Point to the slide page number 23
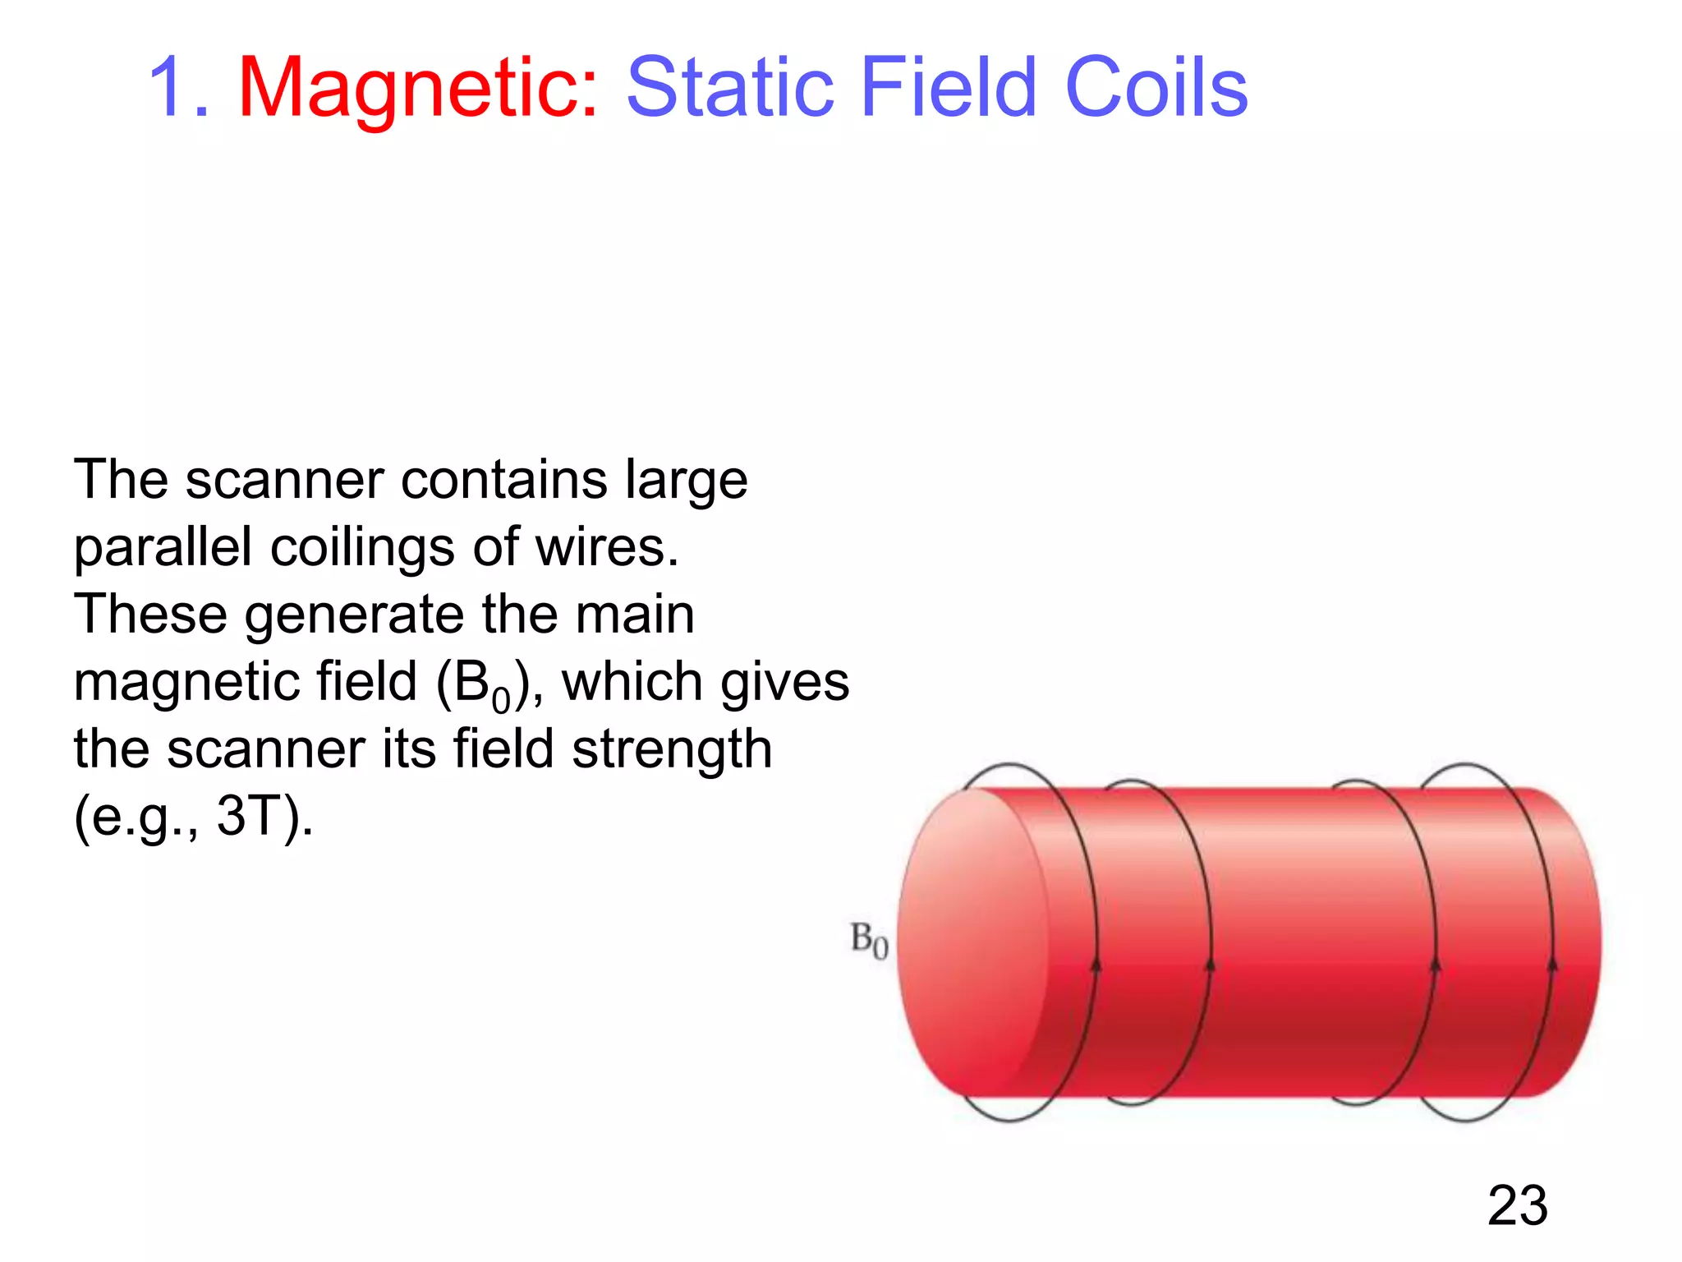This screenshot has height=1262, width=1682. [x=1517, y=1206]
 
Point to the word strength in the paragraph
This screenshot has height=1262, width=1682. [x=672, y=749]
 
